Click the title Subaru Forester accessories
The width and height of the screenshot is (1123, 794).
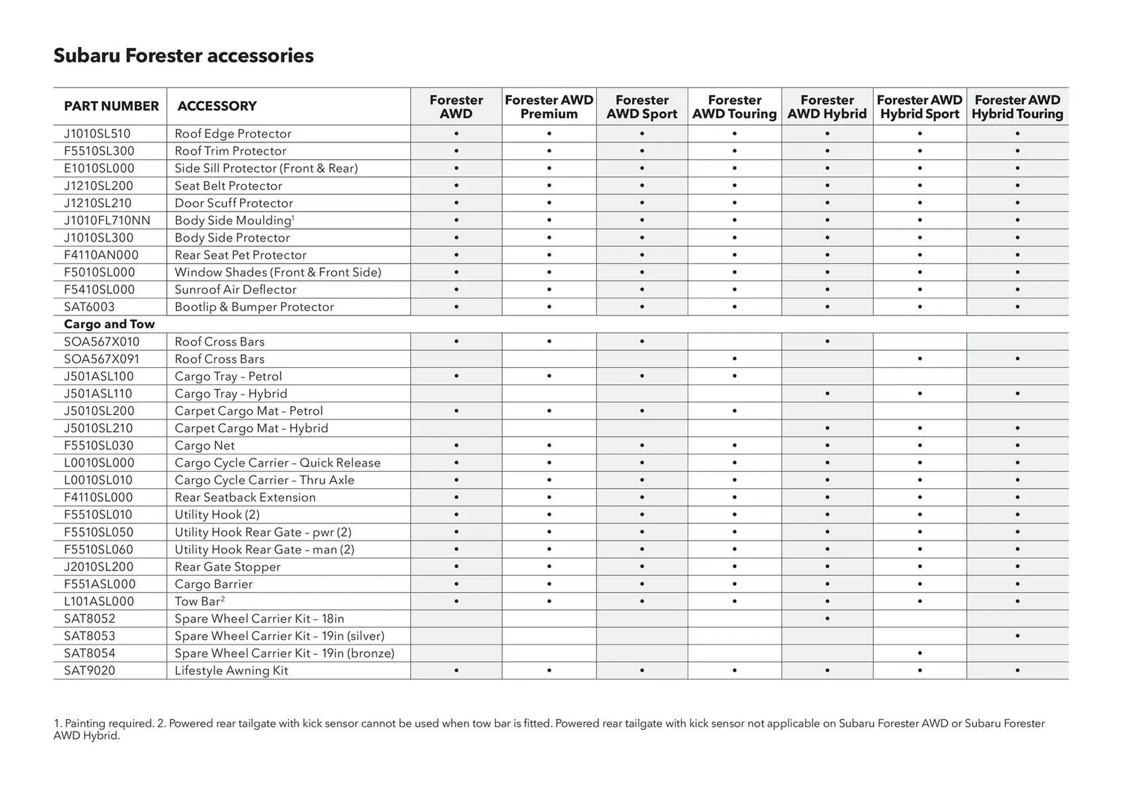[183, 56]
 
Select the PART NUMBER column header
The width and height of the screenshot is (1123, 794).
[111, 106]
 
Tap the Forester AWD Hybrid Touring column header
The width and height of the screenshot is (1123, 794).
[1017, 107]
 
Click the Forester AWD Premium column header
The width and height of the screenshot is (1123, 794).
[549, 107]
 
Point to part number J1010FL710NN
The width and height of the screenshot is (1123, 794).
[107, 220]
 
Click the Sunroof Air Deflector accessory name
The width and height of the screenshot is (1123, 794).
[235, 289]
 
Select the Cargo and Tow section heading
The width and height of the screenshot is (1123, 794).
[109, 324]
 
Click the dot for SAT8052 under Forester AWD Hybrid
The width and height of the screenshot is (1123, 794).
[827, 619]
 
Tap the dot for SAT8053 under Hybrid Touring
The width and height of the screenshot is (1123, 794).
[1017, 636]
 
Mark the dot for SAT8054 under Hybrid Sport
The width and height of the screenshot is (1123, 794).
[919, 653]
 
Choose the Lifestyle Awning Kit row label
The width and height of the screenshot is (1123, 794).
[231, 671]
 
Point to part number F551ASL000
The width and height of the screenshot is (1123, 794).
[99, 584]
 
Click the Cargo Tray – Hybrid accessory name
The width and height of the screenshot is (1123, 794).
[230, 393]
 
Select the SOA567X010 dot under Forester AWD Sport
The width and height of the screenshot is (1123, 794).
[642, 341]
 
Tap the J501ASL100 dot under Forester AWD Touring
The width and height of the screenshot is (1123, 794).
[734, 376]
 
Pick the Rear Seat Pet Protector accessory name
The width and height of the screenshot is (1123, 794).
[240, 255]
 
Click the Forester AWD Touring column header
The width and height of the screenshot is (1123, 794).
[734, 107]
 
